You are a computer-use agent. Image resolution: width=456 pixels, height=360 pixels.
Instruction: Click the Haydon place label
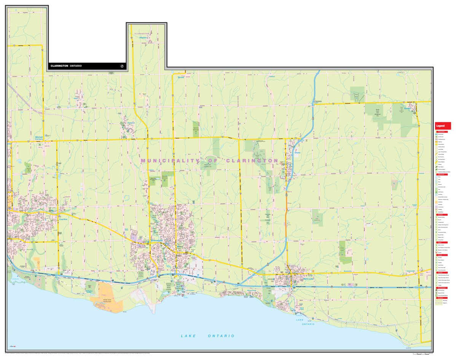(x=143, y=38)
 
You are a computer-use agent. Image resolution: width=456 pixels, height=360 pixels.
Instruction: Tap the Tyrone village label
(x=180, y=77)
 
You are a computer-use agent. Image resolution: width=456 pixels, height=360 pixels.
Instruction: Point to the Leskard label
(x=272, y=76)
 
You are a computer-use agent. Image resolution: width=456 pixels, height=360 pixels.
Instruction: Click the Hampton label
(x=131, y=123)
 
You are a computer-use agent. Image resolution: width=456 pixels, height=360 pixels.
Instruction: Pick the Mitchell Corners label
(x=39, y=138)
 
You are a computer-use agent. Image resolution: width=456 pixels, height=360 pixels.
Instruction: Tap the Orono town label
(x=297, y=153)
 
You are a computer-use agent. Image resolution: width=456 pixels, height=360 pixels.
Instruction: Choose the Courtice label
(x=63, y=219)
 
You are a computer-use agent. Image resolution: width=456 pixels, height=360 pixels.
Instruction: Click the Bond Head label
(x=301, y=309)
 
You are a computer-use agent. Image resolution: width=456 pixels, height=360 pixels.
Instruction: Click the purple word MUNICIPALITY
(x=169, y=161)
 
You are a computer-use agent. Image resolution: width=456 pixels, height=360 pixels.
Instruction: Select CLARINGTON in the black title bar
(x=59, y=66)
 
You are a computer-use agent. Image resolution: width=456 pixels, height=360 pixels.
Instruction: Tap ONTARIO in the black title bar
(x=75, y=66)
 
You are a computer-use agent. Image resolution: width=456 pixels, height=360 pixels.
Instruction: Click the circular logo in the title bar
(x=122, y=66)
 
